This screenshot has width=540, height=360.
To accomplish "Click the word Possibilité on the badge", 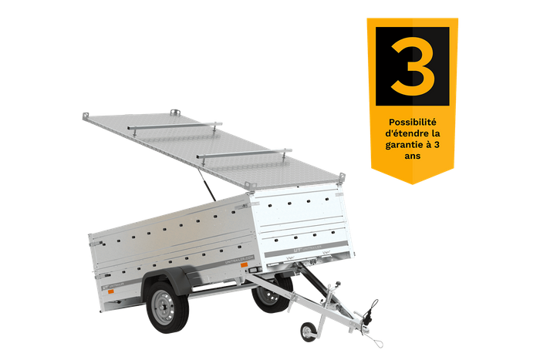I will coord(412,121).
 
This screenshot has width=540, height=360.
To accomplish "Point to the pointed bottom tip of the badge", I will coord(413,183).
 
